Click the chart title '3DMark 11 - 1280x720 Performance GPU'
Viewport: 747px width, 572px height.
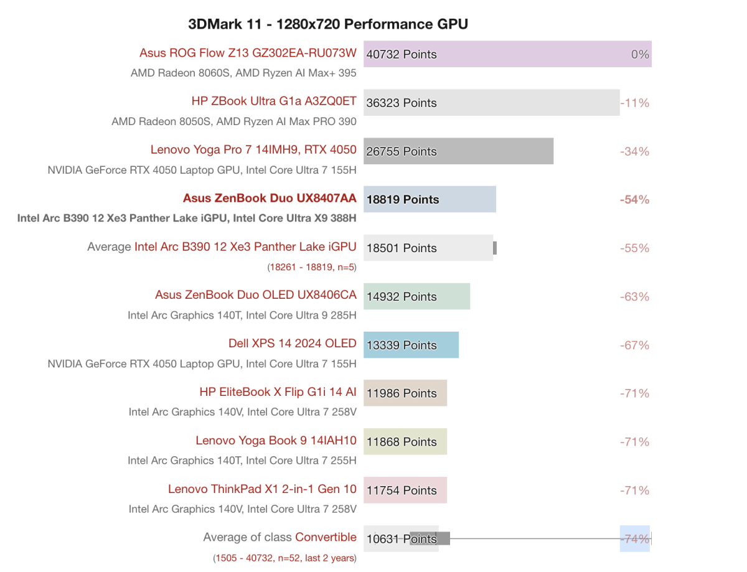(x=328, y=24)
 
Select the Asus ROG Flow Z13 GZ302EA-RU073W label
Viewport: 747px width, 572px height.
(x=248, y=53)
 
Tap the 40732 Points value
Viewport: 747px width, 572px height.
(x=402, y=54)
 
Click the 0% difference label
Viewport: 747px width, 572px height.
(x=640, y=54)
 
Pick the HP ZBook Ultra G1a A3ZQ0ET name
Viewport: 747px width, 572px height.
(x=274, y=101)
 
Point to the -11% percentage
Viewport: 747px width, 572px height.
(x=634, y=103)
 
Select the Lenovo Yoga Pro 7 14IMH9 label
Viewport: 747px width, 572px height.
(x=253, y=149)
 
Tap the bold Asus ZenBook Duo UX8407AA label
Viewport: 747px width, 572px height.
(x=270, y=198)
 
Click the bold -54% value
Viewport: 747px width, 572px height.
(x=634, y=200)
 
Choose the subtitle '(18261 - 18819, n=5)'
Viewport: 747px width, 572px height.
(x=312, y=267)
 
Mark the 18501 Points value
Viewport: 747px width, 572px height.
(x=402, y=248)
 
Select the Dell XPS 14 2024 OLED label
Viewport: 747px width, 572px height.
(x=292, y=343)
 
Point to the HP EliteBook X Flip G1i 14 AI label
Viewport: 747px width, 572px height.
(x=278, y=391)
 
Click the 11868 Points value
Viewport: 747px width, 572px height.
(x=402, y=442)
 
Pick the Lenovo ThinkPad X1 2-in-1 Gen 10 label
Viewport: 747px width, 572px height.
(x=262, y=489)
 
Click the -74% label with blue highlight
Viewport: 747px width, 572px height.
(x=634, y=539)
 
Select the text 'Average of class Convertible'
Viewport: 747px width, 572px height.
(x=280, y=537)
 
